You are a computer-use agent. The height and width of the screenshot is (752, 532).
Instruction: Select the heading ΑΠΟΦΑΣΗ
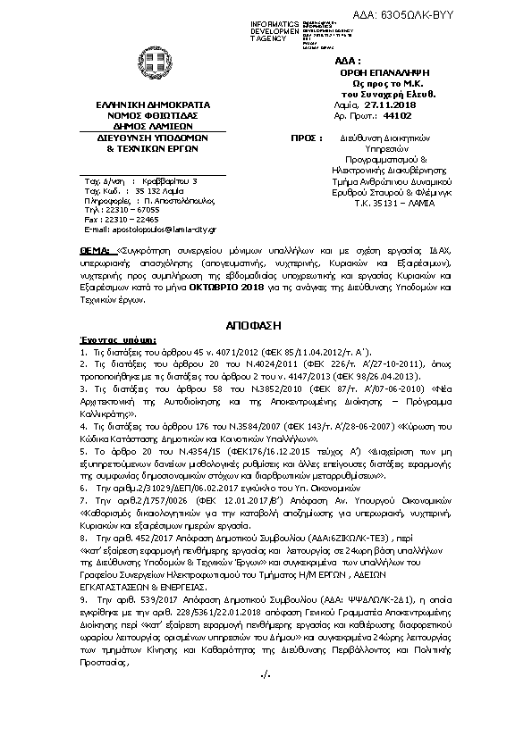(x=266, y=321)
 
